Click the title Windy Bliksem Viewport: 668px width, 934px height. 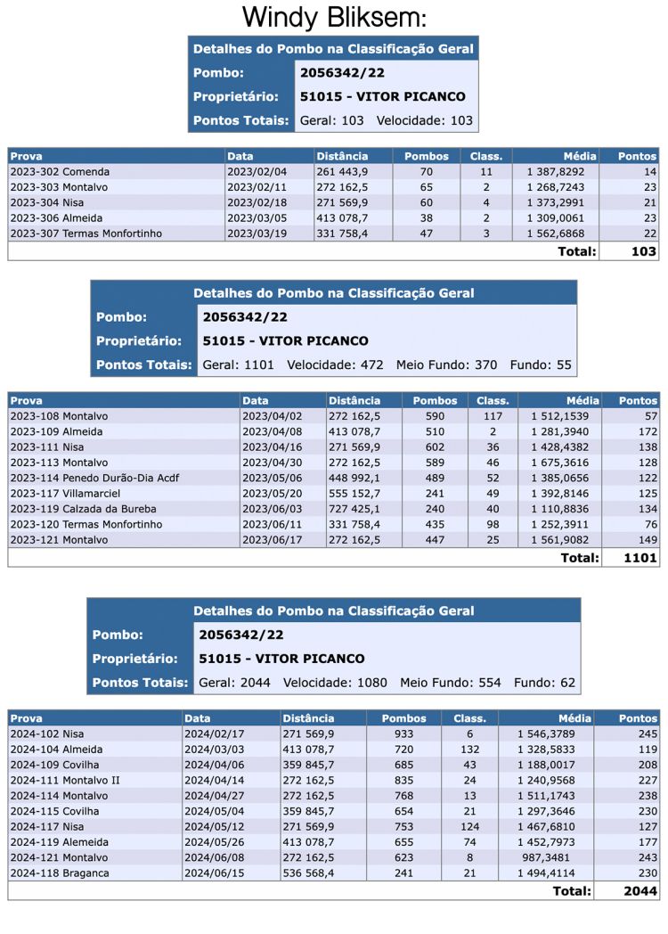click(x=334, y=18)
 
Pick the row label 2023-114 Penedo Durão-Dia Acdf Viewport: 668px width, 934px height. click(x=95, y=478)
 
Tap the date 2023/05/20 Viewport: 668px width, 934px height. click(x=271, y=494)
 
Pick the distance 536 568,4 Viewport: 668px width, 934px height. click(x=309, y=873)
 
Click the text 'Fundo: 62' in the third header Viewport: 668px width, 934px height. click(x=544, y=684)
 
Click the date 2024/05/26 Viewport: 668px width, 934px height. click(x=213, y=842)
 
